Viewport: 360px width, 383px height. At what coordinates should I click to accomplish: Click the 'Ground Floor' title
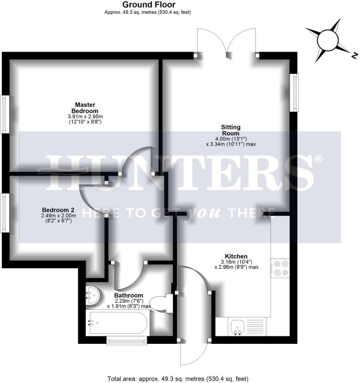pos(149,5)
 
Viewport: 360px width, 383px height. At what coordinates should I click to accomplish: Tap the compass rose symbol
pos(328,40)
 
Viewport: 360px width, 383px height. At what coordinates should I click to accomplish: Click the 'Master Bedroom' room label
pos(85,108)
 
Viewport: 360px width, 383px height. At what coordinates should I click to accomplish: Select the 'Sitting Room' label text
pos(231,130)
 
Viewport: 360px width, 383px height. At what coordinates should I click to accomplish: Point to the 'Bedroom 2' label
pos(58,210)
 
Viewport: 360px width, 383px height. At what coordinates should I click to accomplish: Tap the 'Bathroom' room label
pos(128,295)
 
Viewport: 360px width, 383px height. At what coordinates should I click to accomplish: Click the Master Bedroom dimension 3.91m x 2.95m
pos(85,116)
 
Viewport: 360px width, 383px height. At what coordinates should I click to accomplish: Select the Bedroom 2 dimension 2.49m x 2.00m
pos(58,215)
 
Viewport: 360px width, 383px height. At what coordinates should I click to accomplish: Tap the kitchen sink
pos(238,327)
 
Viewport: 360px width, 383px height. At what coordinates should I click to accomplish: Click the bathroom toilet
pos(162,303)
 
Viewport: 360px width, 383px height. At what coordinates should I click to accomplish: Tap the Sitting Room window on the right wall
pos(294,93)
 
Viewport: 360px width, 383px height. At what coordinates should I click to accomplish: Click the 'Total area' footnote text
pos(178,379)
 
